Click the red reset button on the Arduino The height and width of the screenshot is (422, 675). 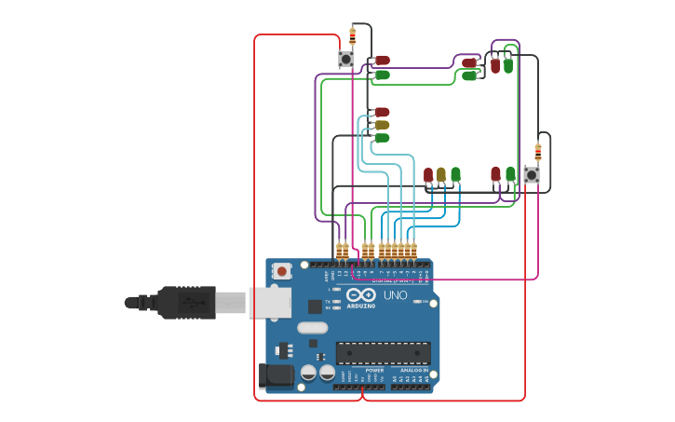pyautogui.click(x=281, y=271)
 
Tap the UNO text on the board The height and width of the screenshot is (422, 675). pyautogui.click(x=395, y=296)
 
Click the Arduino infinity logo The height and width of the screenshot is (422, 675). pyautogui.click(x=361, y=296)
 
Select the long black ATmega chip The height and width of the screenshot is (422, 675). pyautogui.click(x=383, y=353)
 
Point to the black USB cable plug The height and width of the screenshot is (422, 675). pyautogui.click(x=185, y=303)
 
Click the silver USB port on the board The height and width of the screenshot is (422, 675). pyautogui.click(x=270, y=303)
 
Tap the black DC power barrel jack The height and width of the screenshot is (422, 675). pyautogui.click(x=277, y=374)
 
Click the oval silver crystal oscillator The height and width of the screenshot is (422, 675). pyautogui.click(x=313, y=327)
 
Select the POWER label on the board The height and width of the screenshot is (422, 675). pyautogui.click(x=374, y=370)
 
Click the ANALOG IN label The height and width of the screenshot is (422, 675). pyautogui.click(x=413, y=370)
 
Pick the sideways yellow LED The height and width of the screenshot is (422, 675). pyautogui.click(x=382, y=125)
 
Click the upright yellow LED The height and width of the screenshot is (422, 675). pyautogui.click(x=441, y=174)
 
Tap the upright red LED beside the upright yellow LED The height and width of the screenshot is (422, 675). pyautogui.click(x=428, y=174)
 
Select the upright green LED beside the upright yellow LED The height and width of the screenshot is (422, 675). pyautogui.click(x=455, y=174)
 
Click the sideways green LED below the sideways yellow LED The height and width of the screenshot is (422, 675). pyautogui.click(x=382, y=138)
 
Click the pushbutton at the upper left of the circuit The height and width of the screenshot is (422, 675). pyautogui.click(x=346, y=60)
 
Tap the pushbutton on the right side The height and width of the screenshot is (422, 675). pyautogui.click(x=532, y=175)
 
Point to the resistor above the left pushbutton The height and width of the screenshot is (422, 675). pyautogui.click(x=352, y=36)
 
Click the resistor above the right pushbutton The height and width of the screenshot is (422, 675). pyautogui.click(x=537, y=152)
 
